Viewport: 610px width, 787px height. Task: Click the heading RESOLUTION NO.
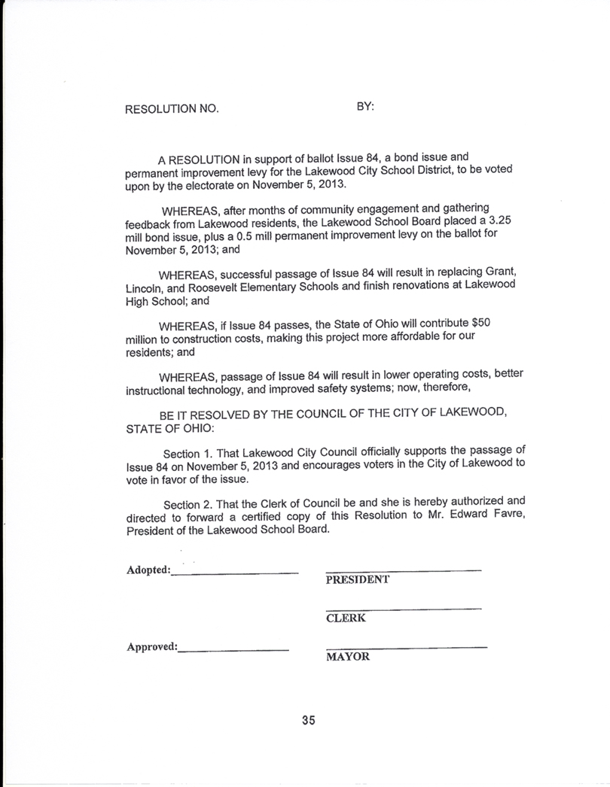[x=172, y=109]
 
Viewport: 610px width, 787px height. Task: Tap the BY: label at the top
[x=365, y=107]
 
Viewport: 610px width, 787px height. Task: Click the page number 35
[x=308, y=720]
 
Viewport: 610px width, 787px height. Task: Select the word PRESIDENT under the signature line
[x=357, y=580]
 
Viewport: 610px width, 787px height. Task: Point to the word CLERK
[x=346, y=618]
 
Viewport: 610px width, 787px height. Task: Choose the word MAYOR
[x=348, y=657]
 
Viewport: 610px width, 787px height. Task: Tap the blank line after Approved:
[x=233, y=649]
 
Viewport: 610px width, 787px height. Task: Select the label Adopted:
[x=148, y=570]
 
